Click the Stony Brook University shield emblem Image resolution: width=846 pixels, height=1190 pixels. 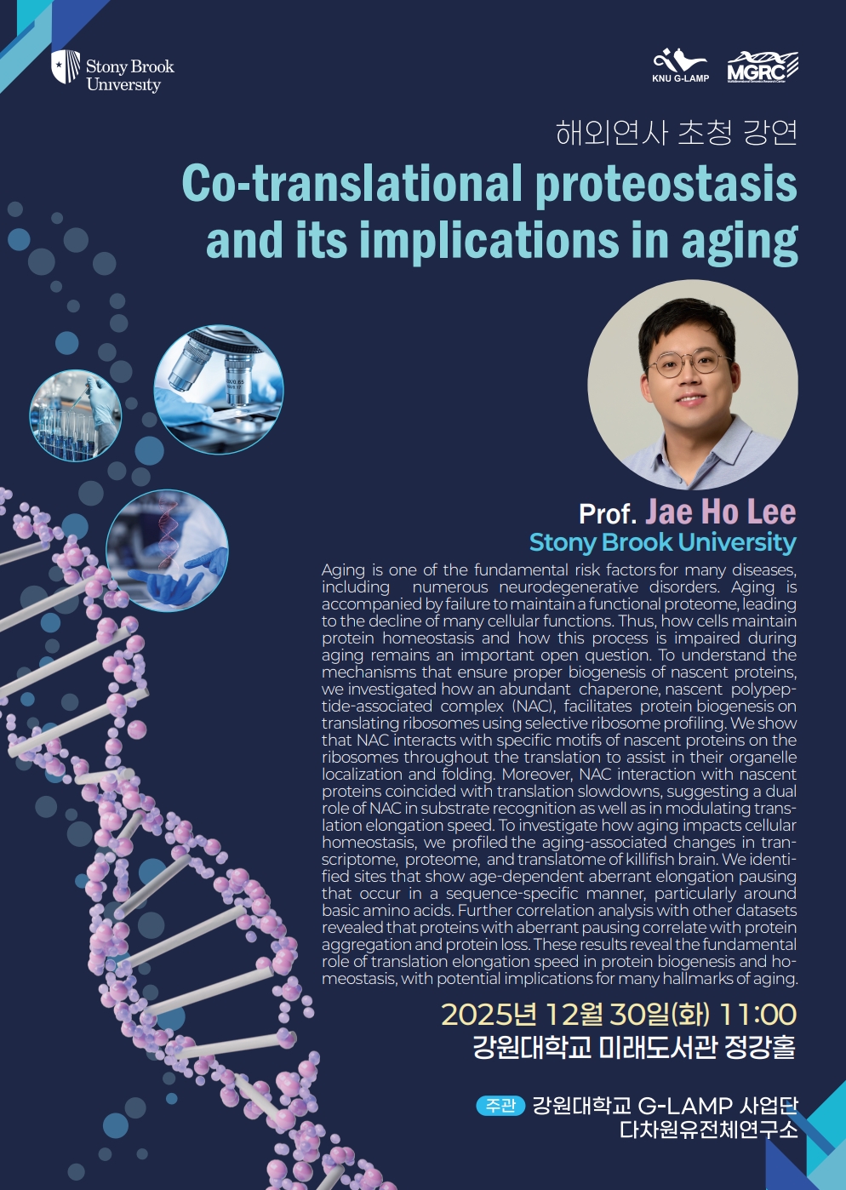click(x=66, y=66)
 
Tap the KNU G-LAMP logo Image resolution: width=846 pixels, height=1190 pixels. click(x=680, y=66)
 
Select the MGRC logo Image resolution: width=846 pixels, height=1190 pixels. click(x=763, y=67)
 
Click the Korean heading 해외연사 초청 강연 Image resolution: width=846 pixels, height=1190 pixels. click(x=677, y=133)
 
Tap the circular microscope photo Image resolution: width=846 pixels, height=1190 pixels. click(x=219, y=389)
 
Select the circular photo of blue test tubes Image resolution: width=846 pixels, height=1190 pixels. click(x=76, y=415)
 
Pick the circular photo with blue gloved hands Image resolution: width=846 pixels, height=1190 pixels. click(x=168, y=551)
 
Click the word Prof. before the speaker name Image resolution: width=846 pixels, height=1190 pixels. click(x=608, y=513)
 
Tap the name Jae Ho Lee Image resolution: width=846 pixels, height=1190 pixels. click(x=721, y=511)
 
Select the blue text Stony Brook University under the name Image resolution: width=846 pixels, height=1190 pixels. click(x=663, y=542)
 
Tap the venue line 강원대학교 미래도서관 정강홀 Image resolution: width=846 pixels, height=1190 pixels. click(x=635, y=1047)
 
